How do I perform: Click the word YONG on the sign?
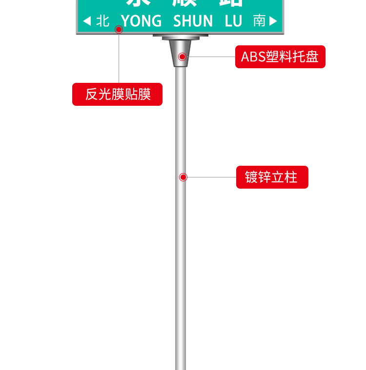click(141, 21)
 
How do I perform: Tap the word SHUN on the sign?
click(193, 21)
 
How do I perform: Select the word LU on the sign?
click(234, 21)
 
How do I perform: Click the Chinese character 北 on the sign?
click(102, 20)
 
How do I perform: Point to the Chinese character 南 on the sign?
click(259, 20)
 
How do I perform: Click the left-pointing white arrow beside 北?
click(87, 21)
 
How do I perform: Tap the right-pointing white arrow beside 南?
click(273, 21)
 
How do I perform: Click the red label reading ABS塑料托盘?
click(280, 57)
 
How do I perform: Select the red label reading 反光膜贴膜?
click(117, 94)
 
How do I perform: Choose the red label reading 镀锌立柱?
click(272, 177)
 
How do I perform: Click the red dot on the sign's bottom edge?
click(119, 30)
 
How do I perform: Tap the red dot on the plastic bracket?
click(182, 57)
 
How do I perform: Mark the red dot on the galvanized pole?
click(183, 177)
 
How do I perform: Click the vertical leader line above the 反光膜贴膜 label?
click(119, 58)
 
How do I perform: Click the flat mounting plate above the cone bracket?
click(181, 36)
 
